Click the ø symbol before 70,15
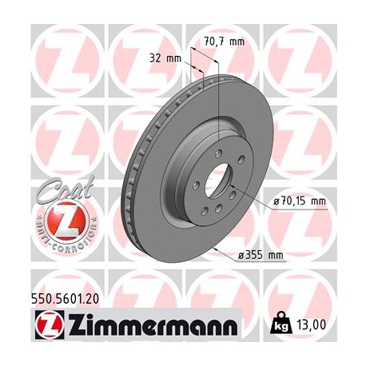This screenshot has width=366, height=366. pyautogui.click(x=276, y=201)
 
